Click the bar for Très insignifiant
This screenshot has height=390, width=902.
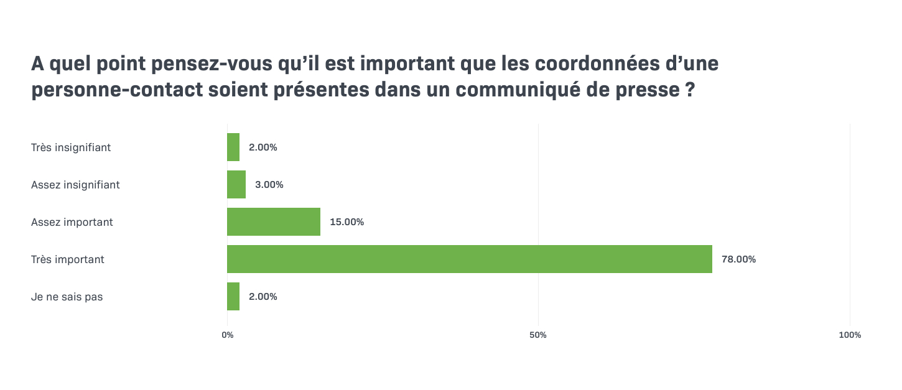point(233,147)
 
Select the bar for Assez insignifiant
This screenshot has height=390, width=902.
point(236,185)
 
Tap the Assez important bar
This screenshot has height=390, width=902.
point(274,222)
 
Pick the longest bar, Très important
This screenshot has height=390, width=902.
point(470,259)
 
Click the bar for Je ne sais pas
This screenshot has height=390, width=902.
point(233,297)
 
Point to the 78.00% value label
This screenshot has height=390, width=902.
point(738,259)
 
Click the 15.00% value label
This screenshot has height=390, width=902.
point(346,222)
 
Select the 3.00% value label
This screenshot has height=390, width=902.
point(269,185)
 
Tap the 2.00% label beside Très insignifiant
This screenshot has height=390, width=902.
point(263,147)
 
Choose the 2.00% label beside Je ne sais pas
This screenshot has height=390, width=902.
point(263,297)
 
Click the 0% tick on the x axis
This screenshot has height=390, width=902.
point(228,335)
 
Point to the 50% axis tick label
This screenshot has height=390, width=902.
point(538,335)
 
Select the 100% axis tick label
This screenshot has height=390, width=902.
point(850,335)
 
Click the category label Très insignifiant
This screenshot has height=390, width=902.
point(71,147)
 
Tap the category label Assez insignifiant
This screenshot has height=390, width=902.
point(75,185)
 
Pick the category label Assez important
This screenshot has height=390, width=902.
point(72,222)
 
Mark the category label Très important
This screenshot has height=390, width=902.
point(68,259)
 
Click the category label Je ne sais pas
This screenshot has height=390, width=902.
point(67,297)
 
